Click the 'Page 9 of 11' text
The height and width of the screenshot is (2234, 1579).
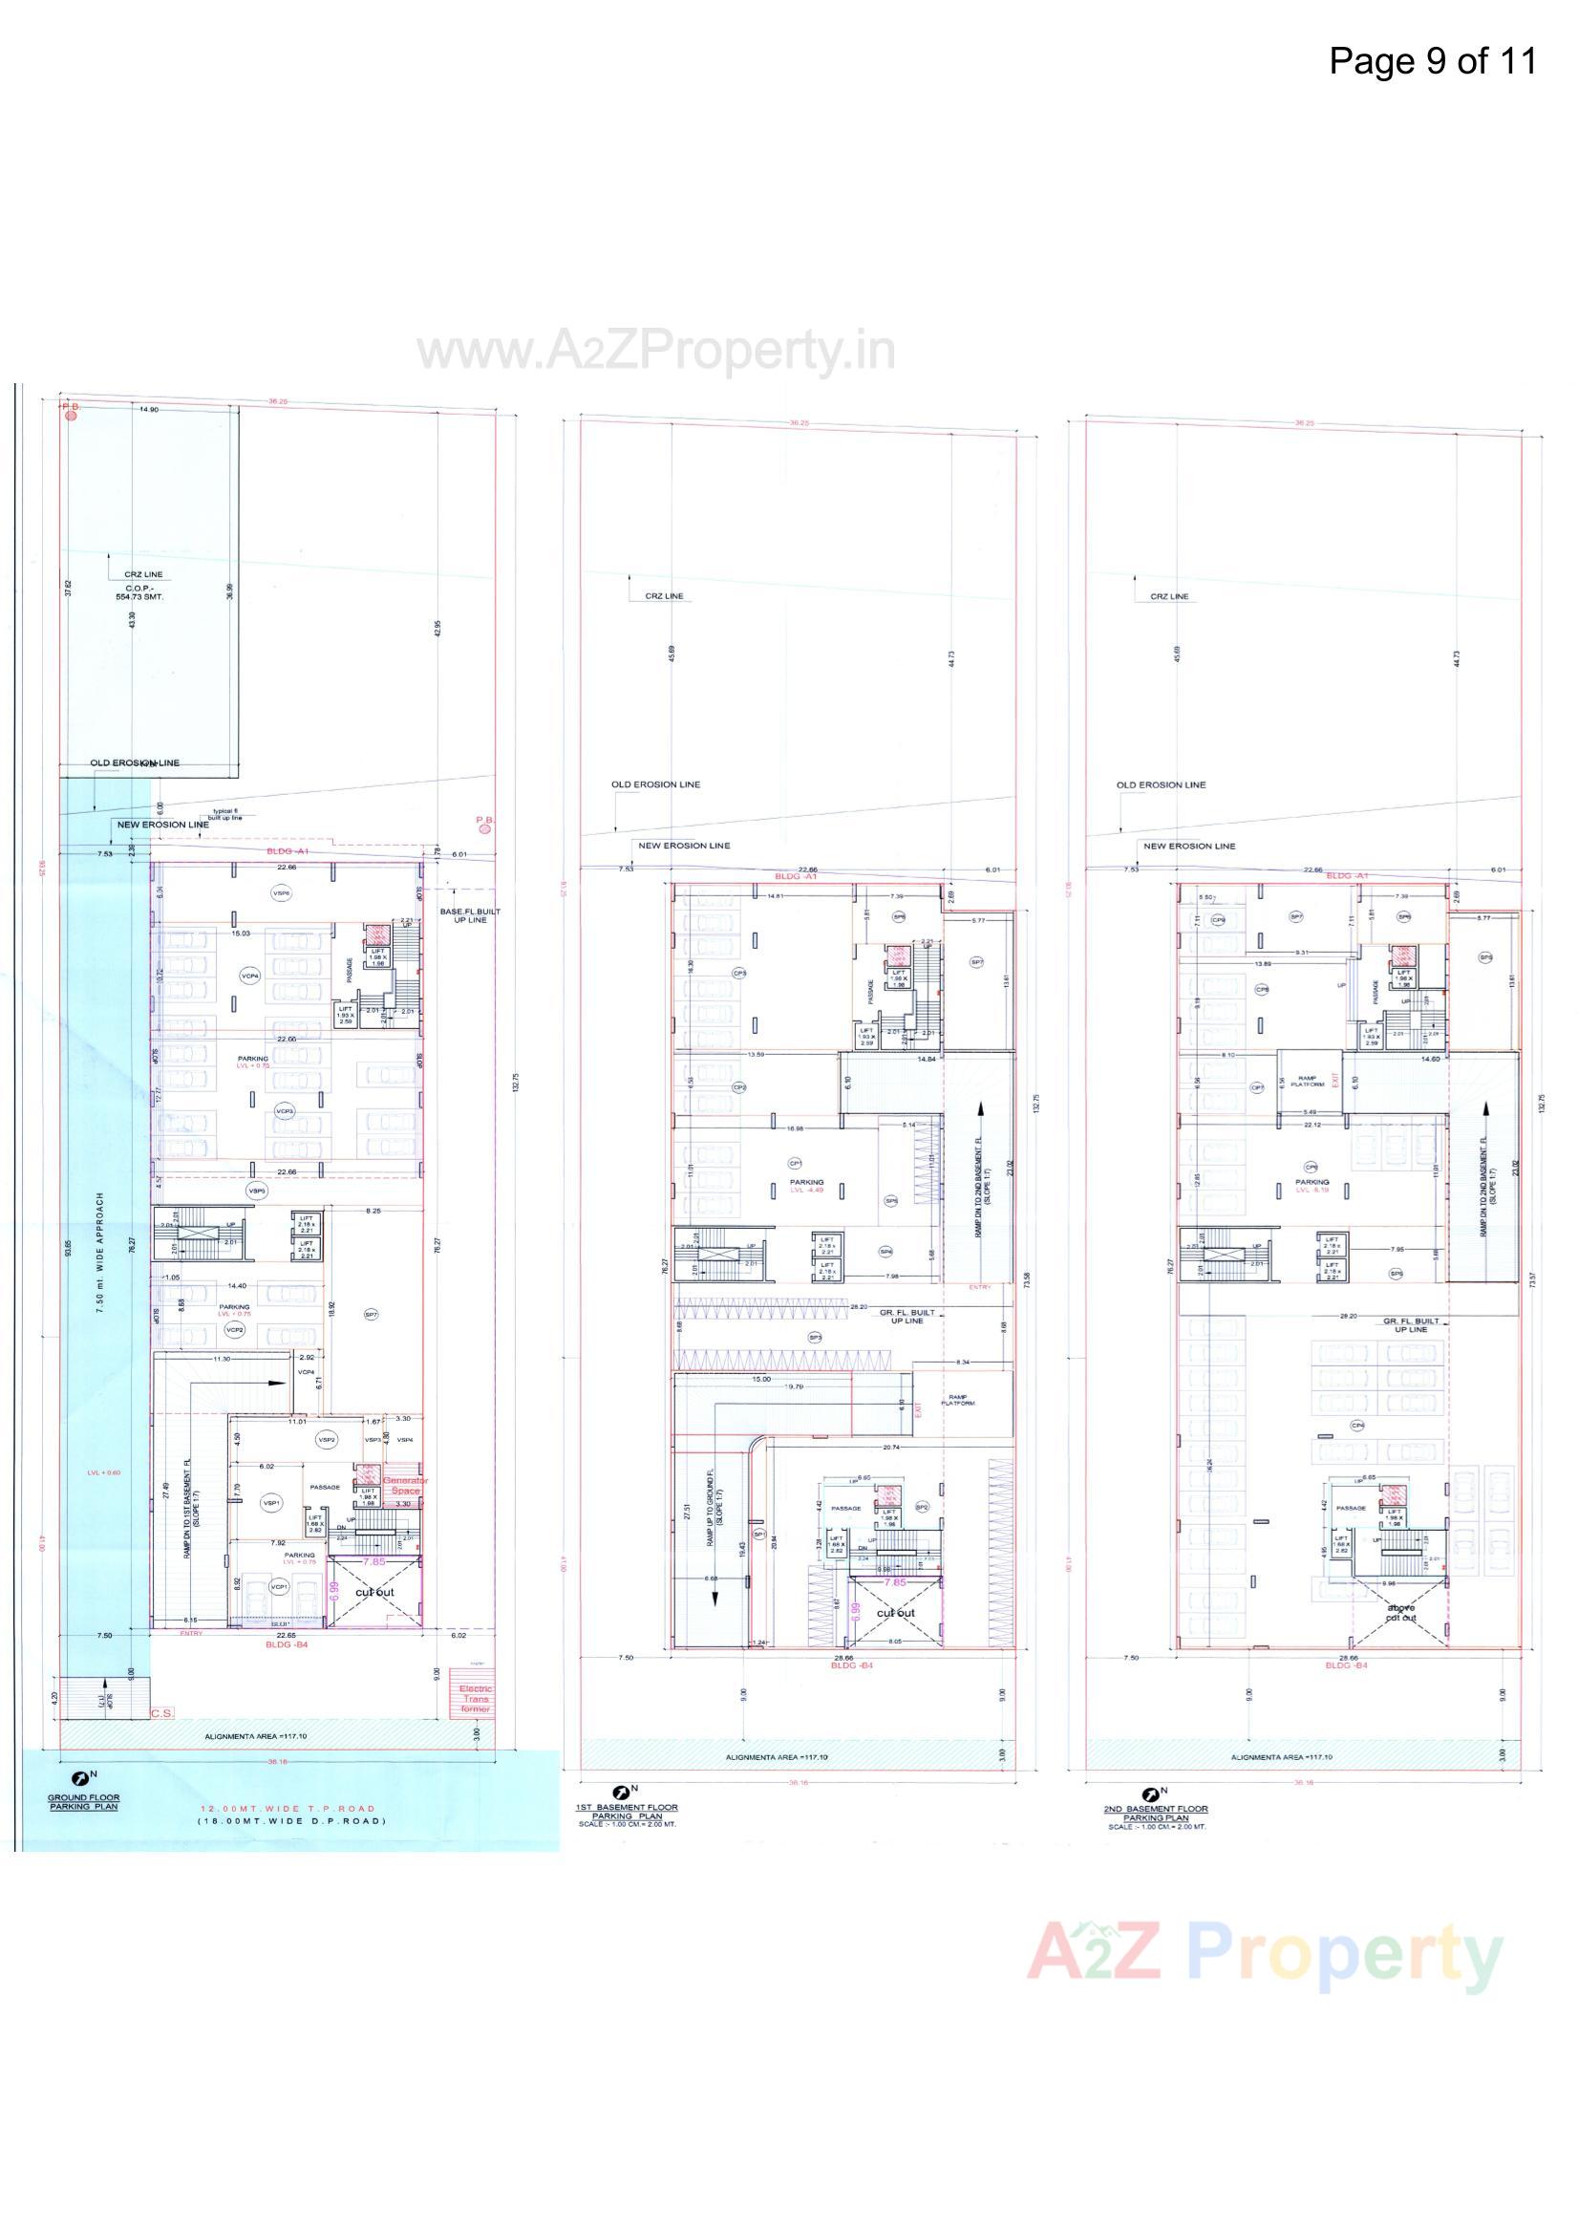[1432, 61]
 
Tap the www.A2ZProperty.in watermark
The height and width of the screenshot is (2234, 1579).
[656, 352]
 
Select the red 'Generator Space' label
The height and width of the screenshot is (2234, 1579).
[406, 1486]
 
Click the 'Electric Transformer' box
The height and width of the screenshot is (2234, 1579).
[476, 1698]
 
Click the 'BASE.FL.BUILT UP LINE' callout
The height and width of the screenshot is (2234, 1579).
[470, 915]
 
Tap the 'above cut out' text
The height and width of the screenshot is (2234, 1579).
[1401, 1612]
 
